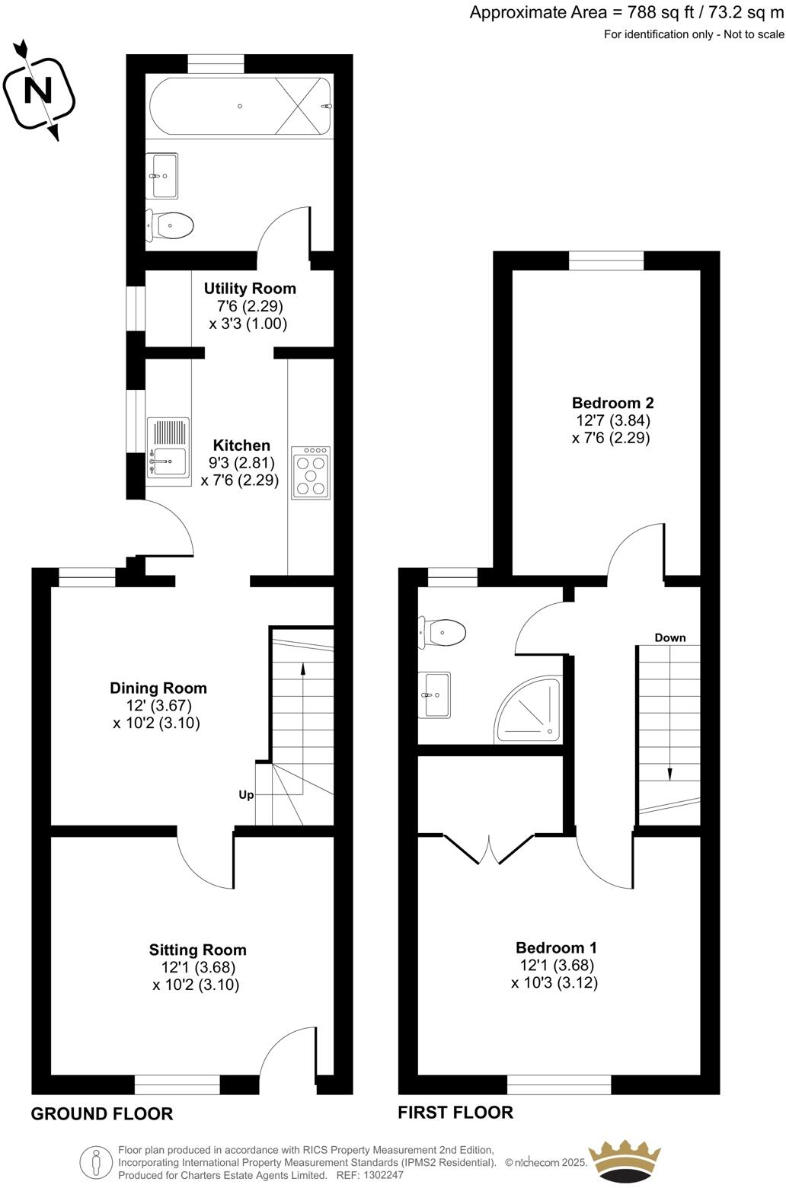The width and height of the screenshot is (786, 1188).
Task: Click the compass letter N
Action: tap(38, 91)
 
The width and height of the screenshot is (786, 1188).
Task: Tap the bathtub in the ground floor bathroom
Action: tap(241, 106)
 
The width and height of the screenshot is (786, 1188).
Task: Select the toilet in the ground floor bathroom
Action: tap(171, 225)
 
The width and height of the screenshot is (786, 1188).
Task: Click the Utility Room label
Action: tap(250, 289)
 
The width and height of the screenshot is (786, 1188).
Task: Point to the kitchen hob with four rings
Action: tap(311, 472)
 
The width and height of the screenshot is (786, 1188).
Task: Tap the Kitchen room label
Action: tap(241, 445)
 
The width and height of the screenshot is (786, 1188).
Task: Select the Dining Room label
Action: tap(158, 688)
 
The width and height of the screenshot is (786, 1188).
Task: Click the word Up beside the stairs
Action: tap(246, 794)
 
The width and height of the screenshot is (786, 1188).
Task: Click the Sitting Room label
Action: tap(197, 950)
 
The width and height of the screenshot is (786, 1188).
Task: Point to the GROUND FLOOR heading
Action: tap(102, 1113)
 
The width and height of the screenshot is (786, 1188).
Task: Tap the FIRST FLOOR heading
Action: tap(455, 1112)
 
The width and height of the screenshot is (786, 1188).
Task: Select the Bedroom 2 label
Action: tap(612, 403)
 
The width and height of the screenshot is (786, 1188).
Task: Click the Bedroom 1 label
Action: tap(556, 947)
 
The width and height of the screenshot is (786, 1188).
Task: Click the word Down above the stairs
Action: tap(670, 637)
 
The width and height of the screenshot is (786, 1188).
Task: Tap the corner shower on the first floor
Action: tap(530, 711)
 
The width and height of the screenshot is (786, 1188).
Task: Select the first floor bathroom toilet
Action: tap(444, 632)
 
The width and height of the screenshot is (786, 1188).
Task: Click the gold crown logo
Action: tap(624, 1161)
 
